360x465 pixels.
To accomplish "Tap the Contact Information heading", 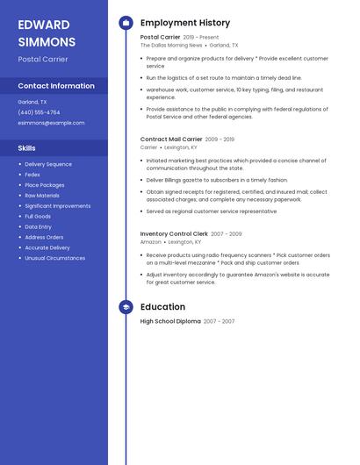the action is (x=56, y=86).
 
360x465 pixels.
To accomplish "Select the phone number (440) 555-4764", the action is (x=39, y=112).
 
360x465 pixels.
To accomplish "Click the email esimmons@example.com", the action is (x=51, y=123).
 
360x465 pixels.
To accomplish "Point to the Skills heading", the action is (x=26, y=148).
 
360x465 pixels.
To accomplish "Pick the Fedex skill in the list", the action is (x=32, y=175).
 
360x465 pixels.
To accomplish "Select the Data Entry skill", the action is (x=39, y=226).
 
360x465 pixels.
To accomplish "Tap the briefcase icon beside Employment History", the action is (x=126, y=23).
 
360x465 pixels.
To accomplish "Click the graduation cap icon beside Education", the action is (x=126, y=307).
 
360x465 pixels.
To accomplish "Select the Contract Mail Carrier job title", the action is (x=170, y=139).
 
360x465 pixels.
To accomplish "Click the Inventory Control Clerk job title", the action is (x=174, y=234).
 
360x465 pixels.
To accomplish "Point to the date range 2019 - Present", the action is (x=201, y=38).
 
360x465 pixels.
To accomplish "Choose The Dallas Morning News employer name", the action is (x=171, y=45).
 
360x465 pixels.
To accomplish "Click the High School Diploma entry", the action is (x=170, y=322).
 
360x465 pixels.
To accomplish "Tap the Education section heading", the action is (x=162, y=307).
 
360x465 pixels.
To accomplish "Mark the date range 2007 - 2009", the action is (x=227, y=234).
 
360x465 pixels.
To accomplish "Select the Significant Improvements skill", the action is (x=57, y=206).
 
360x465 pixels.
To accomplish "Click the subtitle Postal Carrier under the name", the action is (x=42, y=59).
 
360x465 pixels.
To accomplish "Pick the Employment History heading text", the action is (x=184, y=23).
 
